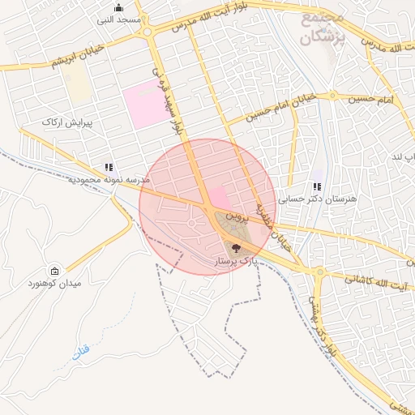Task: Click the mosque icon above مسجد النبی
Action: (x=118, y=7)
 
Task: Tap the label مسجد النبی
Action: (x=118, y=19)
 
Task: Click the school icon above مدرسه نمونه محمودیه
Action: (x=109, y=167)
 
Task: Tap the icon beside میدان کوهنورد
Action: (x=54, y=272)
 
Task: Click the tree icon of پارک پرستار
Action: (x=236, y=249)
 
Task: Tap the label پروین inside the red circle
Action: (x=234, y=216)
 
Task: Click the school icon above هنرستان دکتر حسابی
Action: (x=317, y=186)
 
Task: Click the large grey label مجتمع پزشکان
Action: (x=323, y=27)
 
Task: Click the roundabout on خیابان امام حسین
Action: (x=332, y=96)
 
